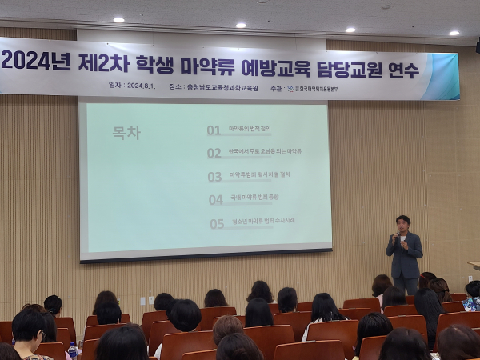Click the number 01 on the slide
[x=214, y=130]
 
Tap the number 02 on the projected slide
[x=214, y=153]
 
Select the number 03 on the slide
[x=214, y=176]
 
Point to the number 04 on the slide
[x=216, y=200]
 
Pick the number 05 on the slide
[x=217, y=224]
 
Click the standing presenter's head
[x=402, y=222]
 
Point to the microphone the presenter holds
[x=395, y=236]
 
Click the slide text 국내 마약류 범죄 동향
[x=254, y=197]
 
